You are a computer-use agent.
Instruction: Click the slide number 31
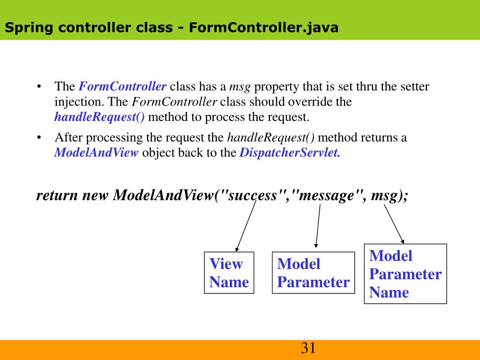(x=308, y=348)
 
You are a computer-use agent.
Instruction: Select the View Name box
(x=229, y=273)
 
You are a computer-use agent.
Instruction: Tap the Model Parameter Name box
(x=405, y=274)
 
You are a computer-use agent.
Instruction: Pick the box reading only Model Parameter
(x=313, y=273)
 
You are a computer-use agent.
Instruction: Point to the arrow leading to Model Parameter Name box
(x=394, y=223)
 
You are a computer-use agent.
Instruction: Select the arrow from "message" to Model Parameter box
(x=318, y=225)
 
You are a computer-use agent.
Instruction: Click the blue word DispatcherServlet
(x=289, y=153)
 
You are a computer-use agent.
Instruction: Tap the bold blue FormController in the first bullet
(x=122, y=87)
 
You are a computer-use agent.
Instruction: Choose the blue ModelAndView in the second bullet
(x=97, y=153)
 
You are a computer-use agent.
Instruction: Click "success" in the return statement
(x=253, y=195)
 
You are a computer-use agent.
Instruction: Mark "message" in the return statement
(x=328, y=195)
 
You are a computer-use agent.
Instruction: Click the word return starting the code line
(x=57, y=195)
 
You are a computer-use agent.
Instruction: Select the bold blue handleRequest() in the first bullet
(x=99, y=117)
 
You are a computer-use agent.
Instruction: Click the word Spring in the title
(x=29, y=28)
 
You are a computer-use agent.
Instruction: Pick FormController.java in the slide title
(x=263, y=28)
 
